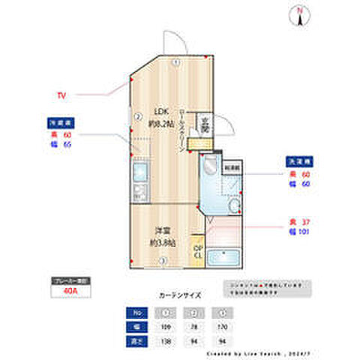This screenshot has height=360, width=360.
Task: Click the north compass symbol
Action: click(298, 15)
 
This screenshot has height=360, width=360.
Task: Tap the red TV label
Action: click(61, 94)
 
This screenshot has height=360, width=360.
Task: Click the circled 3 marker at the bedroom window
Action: click(163, 260)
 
